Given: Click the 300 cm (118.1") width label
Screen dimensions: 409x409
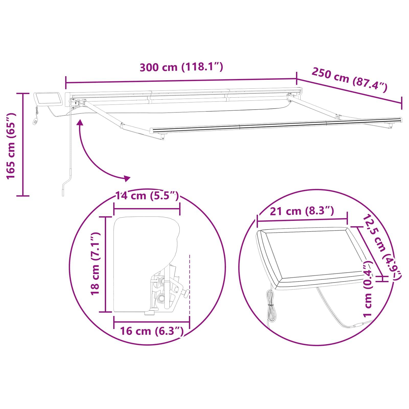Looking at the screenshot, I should [x=181, y=67].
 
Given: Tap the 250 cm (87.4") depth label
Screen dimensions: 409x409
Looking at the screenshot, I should [x=349, y=79].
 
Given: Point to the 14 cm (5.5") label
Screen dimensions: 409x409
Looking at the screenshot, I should [x=147, y=196].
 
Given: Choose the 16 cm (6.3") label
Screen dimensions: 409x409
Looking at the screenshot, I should [x=152, y=331].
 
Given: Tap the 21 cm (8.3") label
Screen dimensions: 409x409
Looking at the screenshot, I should [x=302, y=211].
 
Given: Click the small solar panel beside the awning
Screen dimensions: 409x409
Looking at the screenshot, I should [x=49, y=99].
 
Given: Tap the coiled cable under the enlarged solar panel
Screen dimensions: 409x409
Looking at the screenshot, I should [x=270, y=305].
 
